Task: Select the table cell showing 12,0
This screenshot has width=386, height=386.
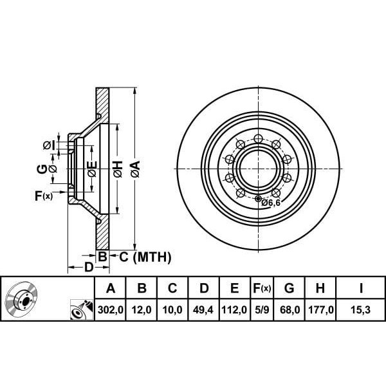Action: point(142,310)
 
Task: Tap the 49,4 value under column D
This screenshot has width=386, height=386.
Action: point(203,310)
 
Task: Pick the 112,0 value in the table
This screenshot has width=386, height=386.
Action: point(234,310)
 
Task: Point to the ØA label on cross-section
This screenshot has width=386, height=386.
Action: point(134,169)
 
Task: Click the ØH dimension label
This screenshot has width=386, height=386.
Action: point(118,169)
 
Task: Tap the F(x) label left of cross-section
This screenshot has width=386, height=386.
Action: point(44,196)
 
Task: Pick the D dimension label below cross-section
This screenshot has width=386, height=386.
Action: point(88,267)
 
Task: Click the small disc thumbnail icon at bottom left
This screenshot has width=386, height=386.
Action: point(22,299)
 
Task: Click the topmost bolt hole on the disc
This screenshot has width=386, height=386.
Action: point(258,138)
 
